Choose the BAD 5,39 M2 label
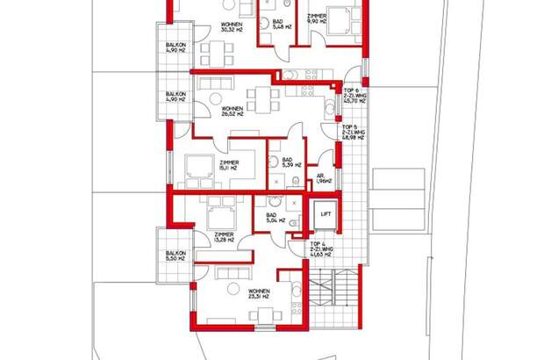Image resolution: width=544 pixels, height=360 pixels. pyautogui.click(x=287, y=162)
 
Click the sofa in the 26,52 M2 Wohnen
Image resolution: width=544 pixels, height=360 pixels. pyautogui.click(x=215, y=85)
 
